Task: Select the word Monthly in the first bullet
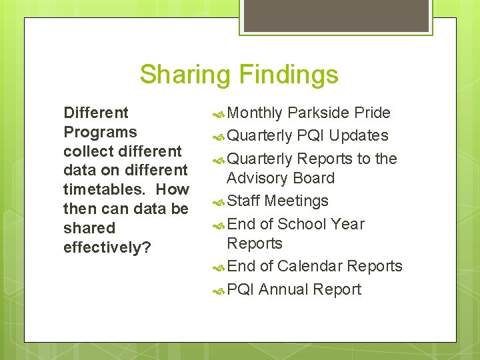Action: click(255, 113)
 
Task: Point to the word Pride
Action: click(372, 113)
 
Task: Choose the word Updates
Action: click(359, 135)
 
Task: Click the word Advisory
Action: click(254, 178)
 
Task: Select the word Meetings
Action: click(296, 201)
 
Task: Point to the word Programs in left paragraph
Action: click(100, 132)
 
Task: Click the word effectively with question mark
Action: click(107, 247)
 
